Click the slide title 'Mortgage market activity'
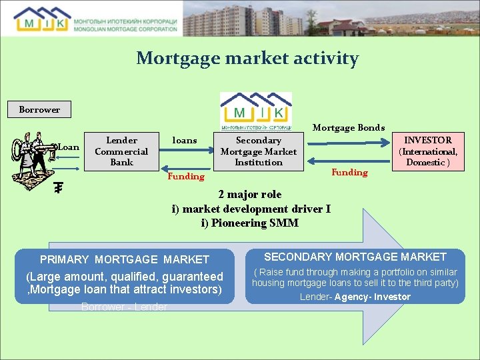click(x=247, y=59)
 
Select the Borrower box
click(x=39, y=109)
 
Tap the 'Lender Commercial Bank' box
click(x=122, y=151)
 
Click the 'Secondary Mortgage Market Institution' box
click(x=259, y=151)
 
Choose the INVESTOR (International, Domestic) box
click(x=428, y=151)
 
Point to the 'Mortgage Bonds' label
click(x=349, y=127)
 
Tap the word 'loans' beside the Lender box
click(x=185, y=141)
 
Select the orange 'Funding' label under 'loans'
click(x=186, y=177)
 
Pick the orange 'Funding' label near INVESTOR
click(x=349, y=173)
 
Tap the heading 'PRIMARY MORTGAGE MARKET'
click(x=124, y=259)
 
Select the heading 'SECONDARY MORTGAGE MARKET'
click(x=355, y=257)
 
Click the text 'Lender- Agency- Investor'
click(x=355, y=297)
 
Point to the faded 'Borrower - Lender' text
click(x=124, y=307)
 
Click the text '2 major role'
click(x=250, y=195)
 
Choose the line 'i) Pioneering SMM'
click(x=250, y=223)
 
